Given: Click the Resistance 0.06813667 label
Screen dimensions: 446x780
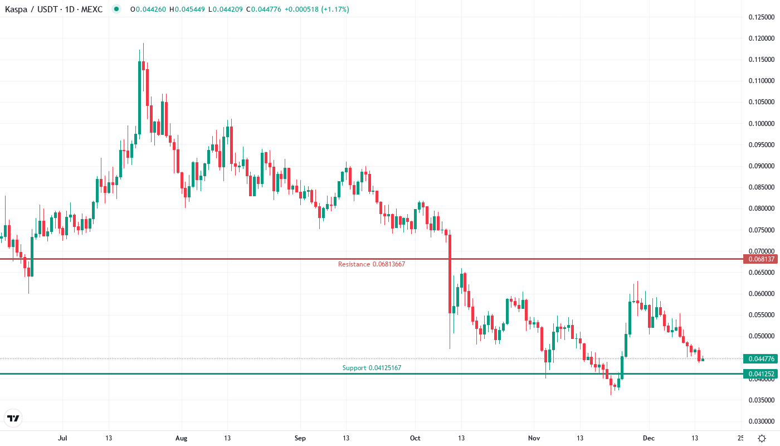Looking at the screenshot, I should [371, 264].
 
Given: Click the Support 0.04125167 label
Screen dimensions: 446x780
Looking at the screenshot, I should [371, 368].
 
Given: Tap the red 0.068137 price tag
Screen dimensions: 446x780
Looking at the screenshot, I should [760, 259].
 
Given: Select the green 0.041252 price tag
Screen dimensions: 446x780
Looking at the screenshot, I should [760, 374].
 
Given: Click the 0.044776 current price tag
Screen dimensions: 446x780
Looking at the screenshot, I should [760, 358].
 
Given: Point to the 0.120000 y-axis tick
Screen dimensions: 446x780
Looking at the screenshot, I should [762, 38].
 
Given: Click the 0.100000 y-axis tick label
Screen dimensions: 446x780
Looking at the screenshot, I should [762, 124].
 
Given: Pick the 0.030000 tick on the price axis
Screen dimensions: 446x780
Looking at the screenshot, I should [762, 421].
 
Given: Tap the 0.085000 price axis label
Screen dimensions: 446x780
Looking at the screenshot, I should [762, 187].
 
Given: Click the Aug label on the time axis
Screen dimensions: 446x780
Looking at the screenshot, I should [181, 438].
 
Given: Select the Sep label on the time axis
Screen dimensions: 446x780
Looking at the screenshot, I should [300, 438].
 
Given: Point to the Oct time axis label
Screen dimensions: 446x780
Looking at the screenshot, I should [415, 438].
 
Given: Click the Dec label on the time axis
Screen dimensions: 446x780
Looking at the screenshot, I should [649, 438].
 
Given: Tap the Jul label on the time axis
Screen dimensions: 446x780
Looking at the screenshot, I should [62, 438].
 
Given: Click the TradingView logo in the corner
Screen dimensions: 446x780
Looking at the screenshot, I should [13, 418].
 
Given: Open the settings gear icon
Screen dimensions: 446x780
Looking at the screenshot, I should [762, 438].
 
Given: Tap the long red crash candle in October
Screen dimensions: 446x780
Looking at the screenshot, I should [450, 273].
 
